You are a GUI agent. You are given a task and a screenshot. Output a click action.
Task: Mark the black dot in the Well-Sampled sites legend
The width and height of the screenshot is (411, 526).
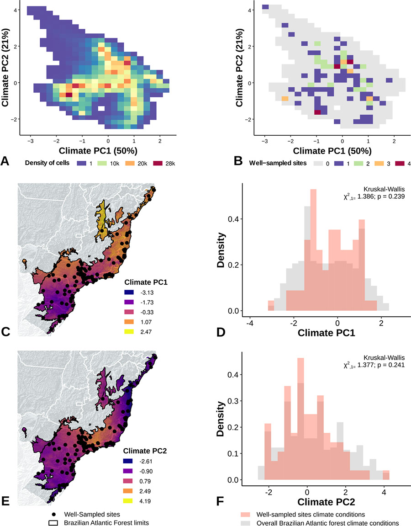(x=54, y=513)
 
